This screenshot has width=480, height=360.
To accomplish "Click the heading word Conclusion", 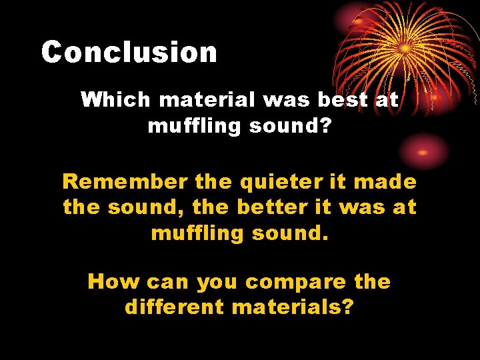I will [129, 52].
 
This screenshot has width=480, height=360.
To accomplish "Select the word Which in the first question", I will [115, 100].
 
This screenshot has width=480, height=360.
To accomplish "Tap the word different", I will [174, 307].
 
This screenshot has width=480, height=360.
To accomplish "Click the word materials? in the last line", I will [293, 307].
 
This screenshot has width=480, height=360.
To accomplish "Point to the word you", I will [217, 283].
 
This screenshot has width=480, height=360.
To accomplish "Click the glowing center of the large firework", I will [404, 48].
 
